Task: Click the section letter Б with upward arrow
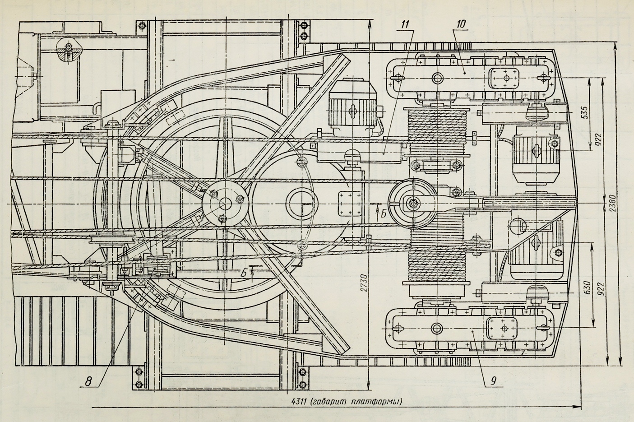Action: pos(382,214)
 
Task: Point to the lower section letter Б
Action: pos(244,272)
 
